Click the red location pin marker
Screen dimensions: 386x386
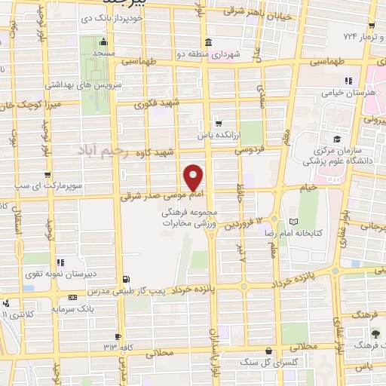[x=194, y=177]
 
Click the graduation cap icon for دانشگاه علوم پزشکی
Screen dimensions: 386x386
[x=338, y=139]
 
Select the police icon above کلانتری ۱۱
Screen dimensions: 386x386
[x=6, y=302]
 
